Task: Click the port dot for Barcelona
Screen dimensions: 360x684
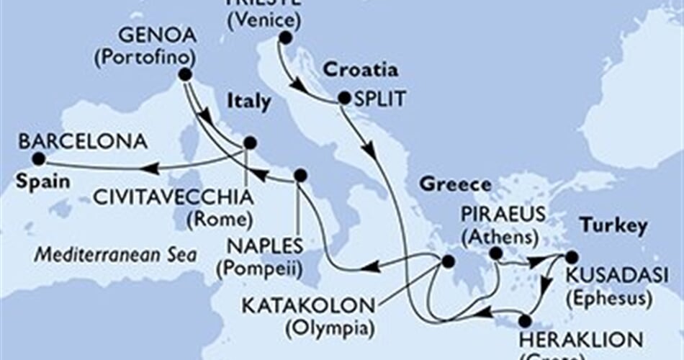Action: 38,158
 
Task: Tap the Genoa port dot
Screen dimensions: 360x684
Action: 185,74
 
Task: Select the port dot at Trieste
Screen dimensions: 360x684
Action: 286,38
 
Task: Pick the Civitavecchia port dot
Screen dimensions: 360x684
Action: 250,143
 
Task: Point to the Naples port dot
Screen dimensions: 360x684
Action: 300,174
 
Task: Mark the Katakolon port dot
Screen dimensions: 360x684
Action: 448,261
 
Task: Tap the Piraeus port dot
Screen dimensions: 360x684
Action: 495,253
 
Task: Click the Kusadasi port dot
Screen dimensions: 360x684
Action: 571,256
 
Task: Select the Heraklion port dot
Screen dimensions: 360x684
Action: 525,320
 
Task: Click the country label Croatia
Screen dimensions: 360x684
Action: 360,71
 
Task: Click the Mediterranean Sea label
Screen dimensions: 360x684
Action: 119,254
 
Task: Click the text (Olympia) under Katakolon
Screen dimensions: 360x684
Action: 331,330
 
